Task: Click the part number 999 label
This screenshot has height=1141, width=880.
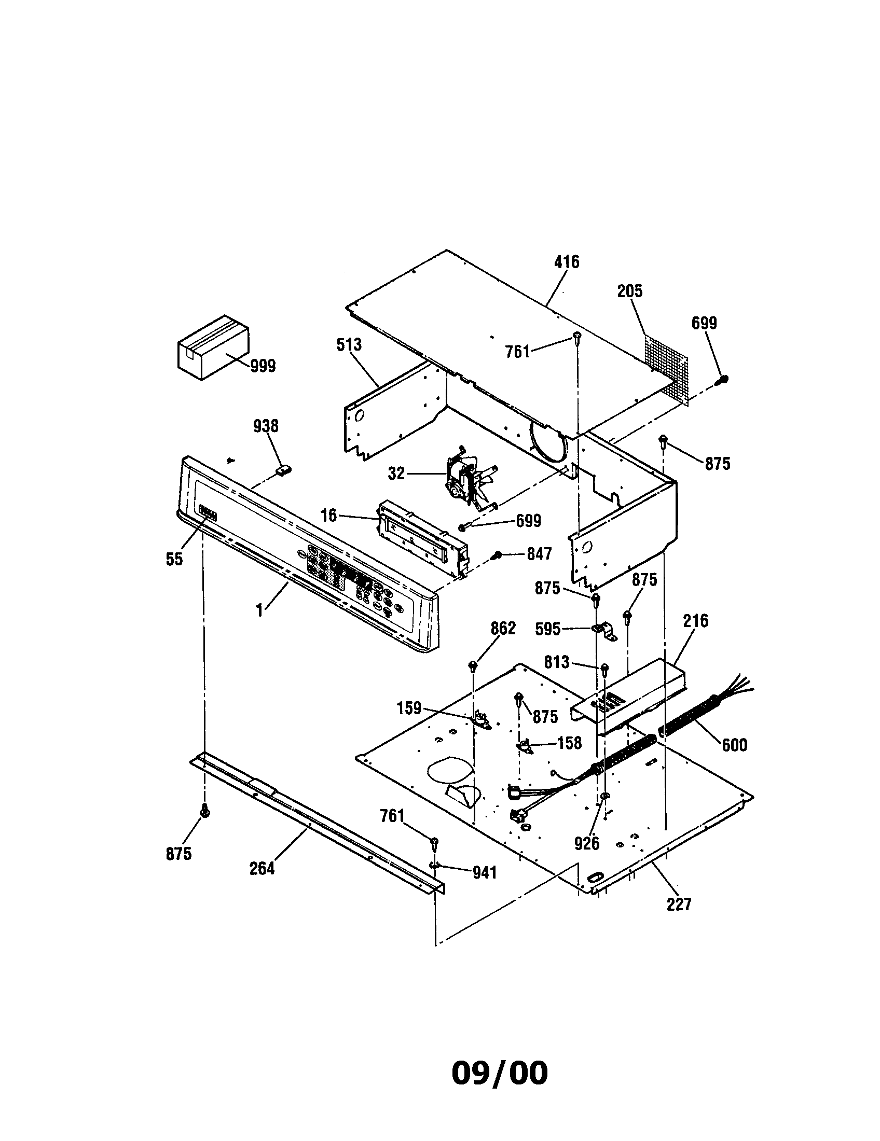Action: (x=263, y=366)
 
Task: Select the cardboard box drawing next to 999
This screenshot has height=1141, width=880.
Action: (x=213, y=347)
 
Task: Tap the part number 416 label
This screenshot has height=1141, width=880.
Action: (x=567, y=262)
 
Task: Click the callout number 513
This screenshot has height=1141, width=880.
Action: (x=349, y=345)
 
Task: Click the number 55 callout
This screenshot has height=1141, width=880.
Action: (x=174, y=559)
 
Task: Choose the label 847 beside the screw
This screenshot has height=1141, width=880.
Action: (x=539, y=554)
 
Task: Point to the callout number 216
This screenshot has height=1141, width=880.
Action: (x=695, y=621)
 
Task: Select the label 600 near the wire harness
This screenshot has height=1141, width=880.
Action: (x=734, y=744)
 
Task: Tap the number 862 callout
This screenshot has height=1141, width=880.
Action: (x=503, y=628)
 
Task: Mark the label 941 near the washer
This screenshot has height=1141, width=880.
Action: (x=485, y=872)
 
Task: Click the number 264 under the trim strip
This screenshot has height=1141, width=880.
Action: (x=262, y=868)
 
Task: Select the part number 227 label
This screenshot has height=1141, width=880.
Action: (x=679, y=904)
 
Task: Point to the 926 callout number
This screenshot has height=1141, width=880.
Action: (x=586, y=843)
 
